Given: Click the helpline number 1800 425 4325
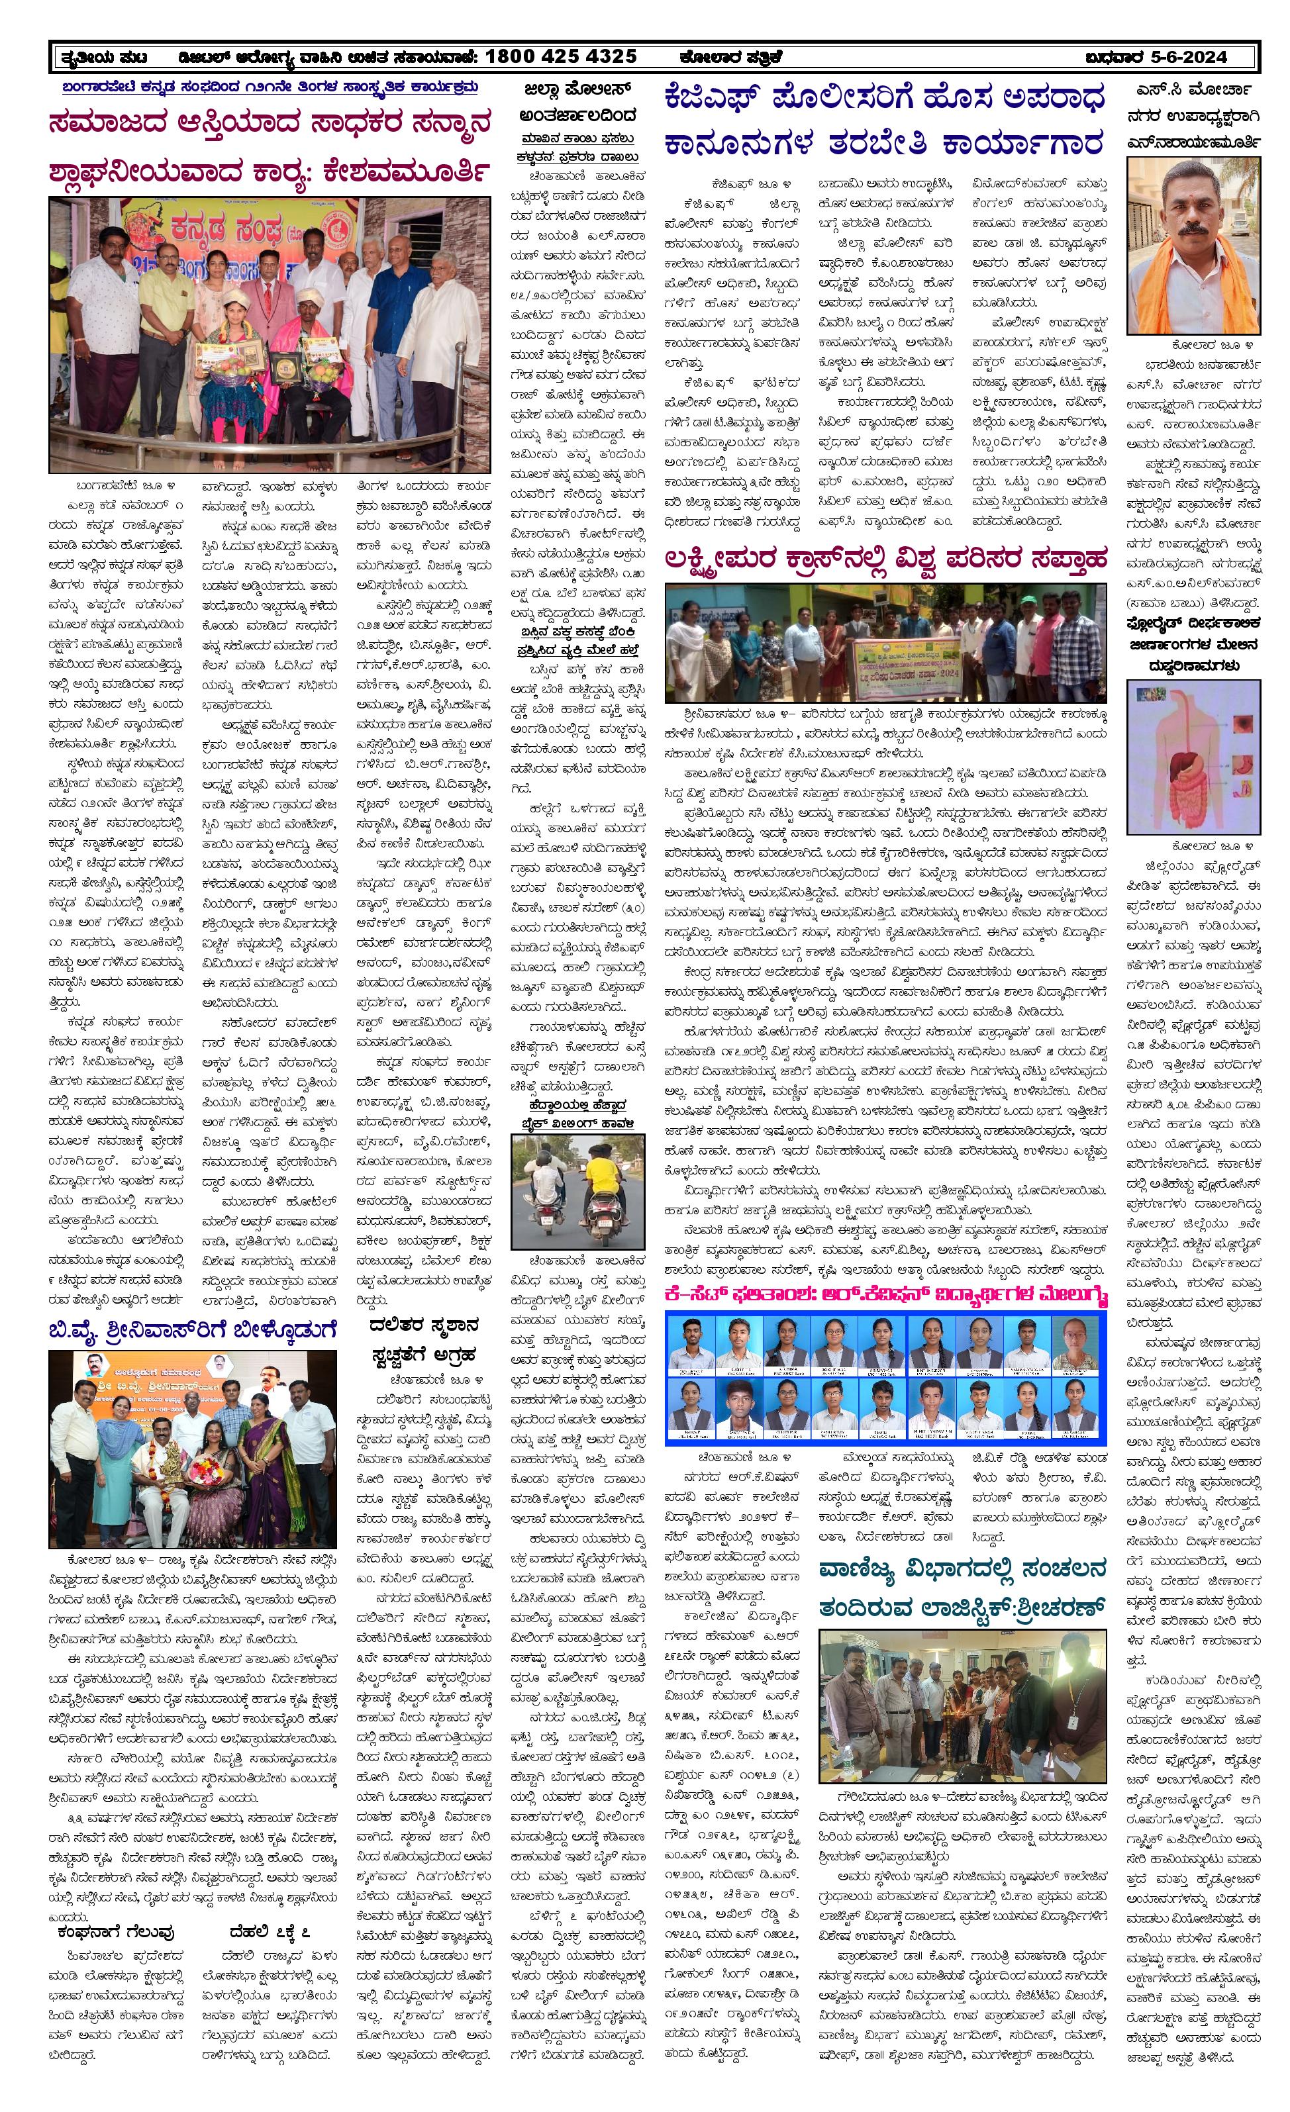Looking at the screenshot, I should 561,56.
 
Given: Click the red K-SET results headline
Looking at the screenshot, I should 885,1294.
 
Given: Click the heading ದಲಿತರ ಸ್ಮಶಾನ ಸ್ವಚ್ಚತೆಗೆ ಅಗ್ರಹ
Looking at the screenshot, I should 425,1341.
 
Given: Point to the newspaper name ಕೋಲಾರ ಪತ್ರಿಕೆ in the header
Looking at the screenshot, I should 729,56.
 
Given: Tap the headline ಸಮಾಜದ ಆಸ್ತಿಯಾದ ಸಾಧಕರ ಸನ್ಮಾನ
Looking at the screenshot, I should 270,122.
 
